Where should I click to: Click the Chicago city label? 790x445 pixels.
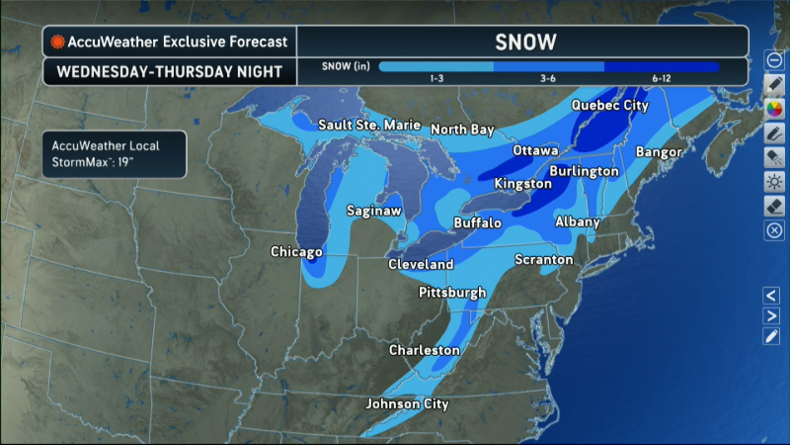pos(298,252)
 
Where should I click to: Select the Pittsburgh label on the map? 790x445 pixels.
pos(452,293)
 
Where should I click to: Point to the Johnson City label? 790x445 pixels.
pos(407,403)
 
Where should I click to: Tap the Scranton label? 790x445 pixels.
pos(543,259)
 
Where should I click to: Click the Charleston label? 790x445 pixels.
pos(424,350)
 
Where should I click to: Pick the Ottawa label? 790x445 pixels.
pos(535,150)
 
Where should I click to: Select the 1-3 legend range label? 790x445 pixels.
pos(436,78)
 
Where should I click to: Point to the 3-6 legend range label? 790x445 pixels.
pos(548,78)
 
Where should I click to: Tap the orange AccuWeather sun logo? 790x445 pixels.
pos(58,42)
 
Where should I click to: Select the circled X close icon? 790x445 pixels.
pos(775,229)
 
